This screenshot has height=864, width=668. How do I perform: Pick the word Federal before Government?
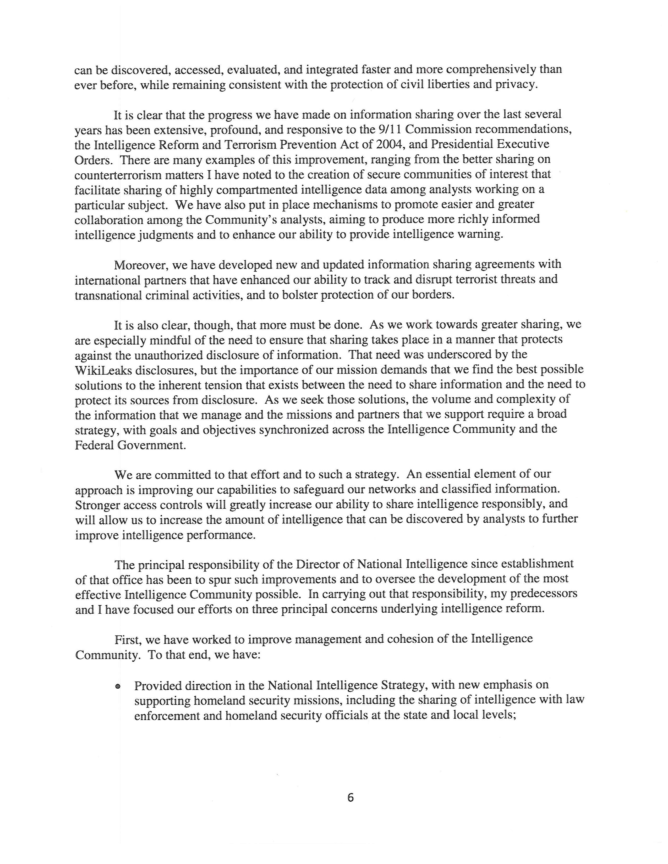94,445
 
